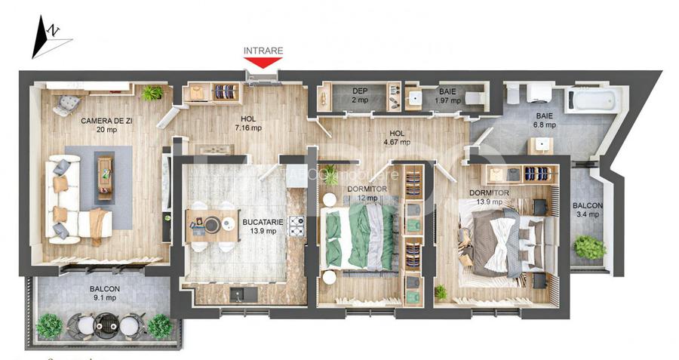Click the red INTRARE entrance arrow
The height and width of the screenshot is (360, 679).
point(263,63)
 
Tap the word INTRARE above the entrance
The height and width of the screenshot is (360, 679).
point(263,51)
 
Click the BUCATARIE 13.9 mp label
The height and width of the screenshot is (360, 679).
point(260,226)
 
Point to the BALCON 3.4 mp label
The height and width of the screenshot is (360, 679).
point(587,210)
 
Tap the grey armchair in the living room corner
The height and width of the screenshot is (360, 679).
point(66,103)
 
